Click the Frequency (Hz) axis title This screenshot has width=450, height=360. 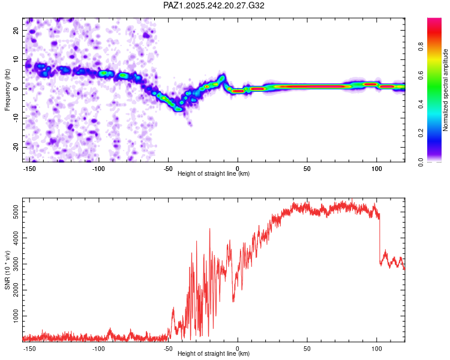point(8,90)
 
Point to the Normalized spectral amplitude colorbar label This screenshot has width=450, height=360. point(446,90)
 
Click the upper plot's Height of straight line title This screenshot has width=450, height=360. point(214,174)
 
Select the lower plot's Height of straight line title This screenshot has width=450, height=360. point(214,354)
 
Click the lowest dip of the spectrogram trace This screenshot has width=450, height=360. point(178,109)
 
